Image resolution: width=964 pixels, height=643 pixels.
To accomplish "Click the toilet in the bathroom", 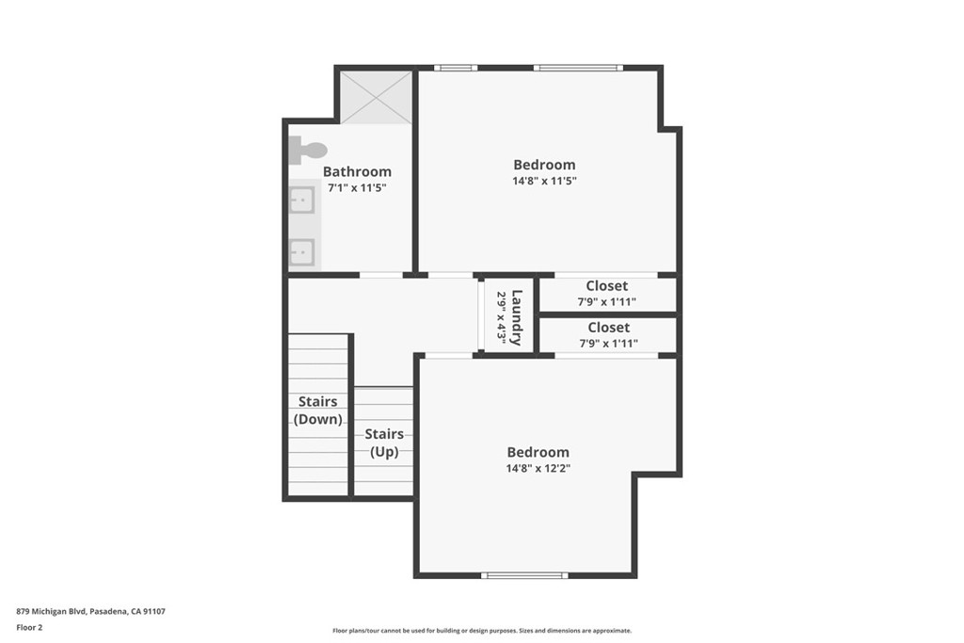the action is [x=308, y=150].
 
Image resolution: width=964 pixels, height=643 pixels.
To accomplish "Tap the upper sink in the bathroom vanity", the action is [x=302, y=201].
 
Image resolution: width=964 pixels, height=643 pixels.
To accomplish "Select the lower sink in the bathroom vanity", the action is [x=302, y=251].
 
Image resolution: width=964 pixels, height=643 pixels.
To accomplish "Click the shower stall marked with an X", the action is [x=377, y=97].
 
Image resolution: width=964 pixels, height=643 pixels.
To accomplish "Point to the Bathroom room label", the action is [x=357, y=171].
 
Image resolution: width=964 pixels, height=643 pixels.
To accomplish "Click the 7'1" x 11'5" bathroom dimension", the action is [x=357, y=188].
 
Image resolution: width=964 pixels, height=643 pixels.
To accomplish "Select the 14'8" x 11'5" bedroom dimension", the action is [x=545, y=181].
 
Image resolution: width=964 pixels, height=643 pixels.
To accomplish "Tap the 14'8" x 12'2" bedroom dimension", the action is [x=538, y=469].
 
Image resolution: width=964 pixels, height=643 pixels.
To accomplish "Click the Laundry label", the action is [x=517, y=317].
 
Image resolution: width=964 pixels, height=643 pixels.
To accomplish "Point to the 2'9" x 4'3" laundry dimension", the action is [x=502, y=317].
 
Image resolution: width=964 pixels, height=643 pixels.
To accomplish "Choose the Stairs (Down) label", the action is [x=318, y=410].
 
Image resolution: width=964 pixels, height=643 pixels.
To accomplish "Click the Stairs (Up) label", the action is [x=384, y=442].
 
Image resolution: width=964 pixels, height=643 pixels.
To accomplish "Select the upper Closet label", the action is [x=607, y=286].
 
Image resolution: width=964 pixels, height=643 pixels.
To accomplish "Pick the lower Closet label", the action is [x=609, y=328].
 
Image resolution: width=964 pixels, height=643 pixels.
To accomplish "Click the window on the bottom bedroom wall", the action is [x=524, y=575].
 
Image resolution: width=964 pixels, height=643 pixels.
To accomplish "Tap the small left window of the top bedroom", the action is [x=456, y=68].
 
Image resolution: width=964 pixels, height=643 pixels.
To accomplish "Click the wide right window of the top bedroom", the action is [x=579, y=68].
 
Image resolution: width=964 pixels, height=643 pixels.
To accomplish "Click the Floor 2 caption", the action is [x=29, y=628].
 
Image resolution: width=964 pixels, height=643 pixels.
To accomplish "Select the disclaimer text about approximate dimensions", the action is [x=482, y=630].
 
